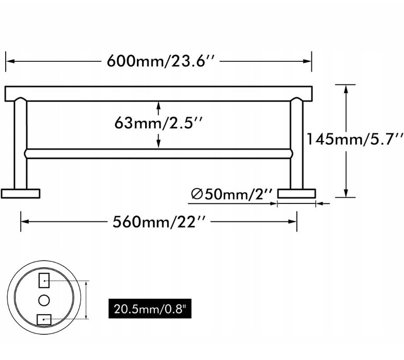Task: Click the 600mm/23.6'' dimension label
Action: [x=160, y=61]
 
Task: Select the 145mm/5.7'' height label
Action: [x=355, y=139]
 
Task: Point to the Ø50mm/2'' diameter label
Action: [x=232, y=194]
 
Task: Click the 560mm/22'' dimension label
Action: [x=160, y=222]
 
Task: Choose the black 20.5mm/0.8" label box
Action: [x=150, y=308]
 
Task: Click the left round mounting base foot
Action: [x=21, y=194]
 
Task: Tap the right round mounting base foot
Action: [x=296, y=194]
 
